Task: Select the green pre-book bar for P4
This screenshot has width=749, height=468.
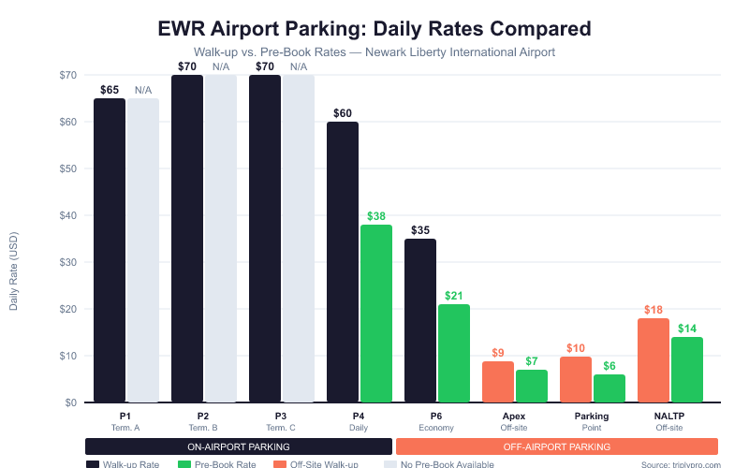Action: coord(376,314)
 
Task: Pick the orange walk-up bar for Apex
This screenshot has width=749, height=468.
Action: coord(498,382)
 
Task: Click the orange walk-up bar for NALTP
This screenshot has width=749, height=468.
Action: coord(654,360)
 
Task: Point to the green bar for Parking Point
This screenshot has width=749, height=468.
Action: coord(609,388)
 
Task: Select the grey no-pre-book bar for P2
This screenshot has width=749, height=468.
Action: coord(221,239)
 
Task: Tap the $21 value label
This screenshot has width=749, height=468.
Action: coord(454,296)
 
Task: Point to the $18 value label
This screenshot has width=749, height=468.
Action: coord(654,310)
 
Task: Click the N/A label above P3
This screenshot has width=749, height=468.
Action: coord(299,66)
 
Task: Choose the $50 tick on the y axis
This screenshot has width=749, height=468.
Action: coord(68,168)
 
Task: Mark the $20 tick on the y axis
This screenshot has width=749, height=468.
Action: coord(68,309)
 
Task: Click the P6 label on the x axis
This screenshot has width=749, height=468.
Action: coord(437,416)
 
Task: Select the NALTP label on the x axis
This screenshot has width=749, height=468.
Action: coord(670,416)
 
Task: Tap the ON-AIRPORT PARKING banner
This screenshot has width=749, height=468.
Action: coord(238,446)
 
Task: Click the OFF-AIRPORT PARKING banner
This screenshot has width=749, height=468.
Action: coord(557,446)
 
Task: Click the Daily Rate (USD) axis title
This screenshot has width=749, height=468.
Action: coord(14,271)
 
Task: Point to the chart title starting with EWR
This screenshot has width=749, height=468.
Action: coord(374,28)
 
